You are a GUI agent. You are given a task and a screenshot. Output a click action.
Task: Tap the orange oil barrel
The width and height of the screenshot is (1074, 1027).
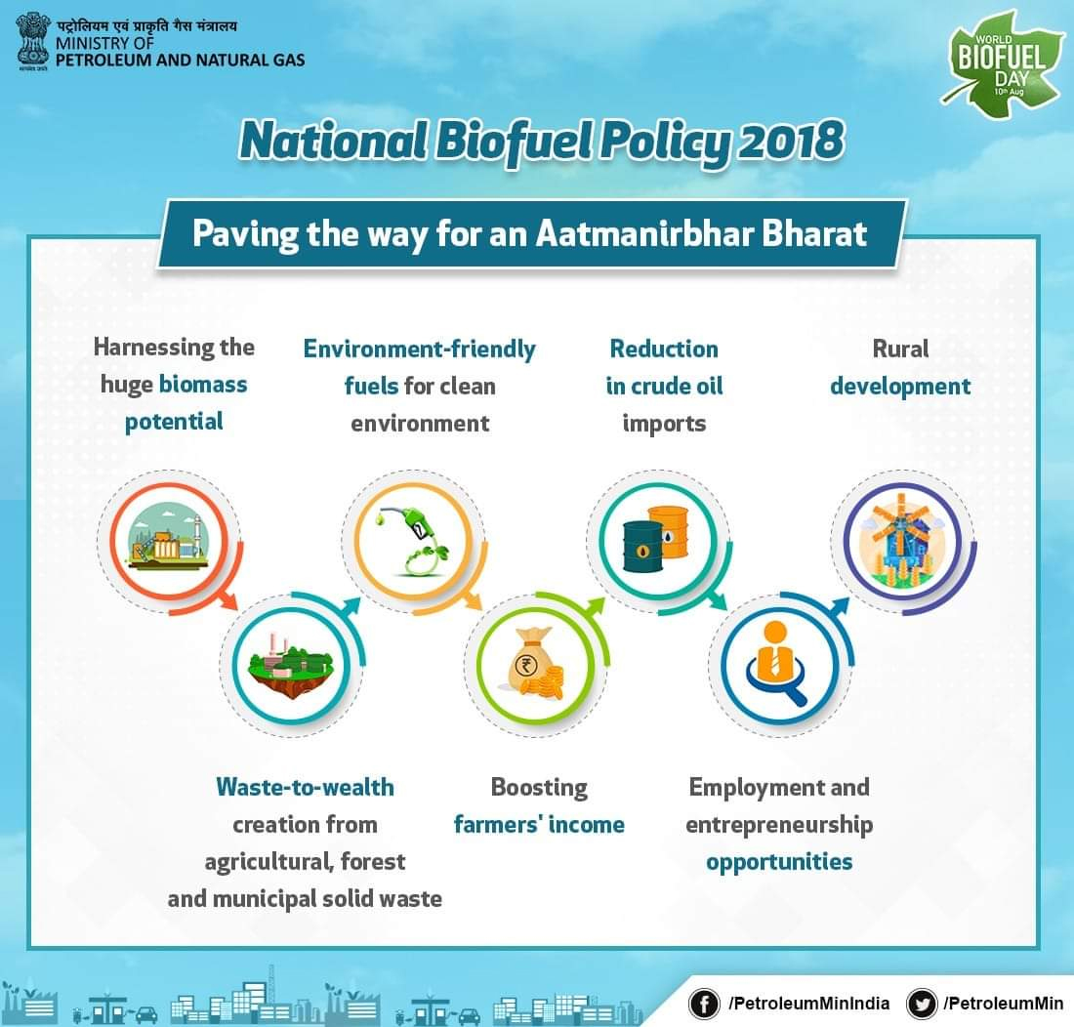(x=669, y=533)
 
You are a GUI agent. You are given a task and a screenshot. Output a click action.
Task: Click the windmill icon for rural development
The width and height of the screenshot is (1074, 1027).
(x=896, y=541)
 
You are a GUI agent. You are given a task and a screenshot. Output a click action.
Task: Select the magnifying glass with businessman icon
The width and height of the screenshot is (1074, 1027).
(x=775, y=664)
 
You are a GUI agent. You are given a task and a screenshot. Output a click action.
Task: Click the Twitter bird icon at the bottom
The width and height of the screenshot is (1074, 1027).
(x=921, y=1003)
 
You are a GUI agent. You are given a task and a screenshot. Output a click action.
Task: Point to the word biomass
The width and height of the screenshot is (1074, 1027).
(x=203, y=384)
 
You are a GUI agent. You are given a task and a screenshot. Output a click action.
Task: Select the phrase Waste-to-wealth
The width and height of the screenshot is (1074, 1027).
(x=305, y=787)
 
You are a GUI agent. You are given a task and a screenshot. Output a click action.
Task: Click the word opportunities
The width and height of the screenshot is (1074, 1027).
(x=779, y=862)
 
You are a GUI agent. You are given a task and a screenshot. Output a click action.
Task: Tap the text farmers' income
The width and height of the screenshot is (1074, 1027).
(x=539, y=825)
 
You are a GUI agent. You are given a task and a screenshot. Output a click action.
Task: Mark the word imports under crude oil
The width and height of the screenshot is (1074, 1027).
(x=664, y=424)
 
